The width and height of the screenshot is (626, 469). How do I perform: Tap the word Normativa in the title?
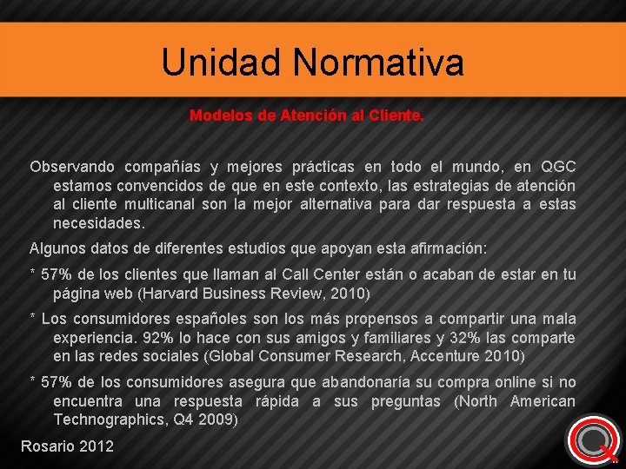pyautogui.click(x=378, y=63)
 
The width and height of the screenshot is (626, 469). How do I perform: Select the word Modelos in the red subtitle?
pyautogui.click(x=222, y=115)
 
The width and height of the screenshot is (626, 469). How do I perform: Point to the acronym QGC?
pyautogui.click(x=557, y=166)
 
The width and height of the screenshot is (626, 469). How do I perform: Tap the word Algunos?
pyautogui.click(x=58, y=248)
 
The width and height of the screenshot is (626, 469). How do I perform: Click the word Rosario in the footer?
pyautogui.click(x=47, y=446)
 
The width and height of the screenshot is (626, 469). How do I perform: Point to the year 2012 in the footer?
pyautogui.click(x=96, y=446)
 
